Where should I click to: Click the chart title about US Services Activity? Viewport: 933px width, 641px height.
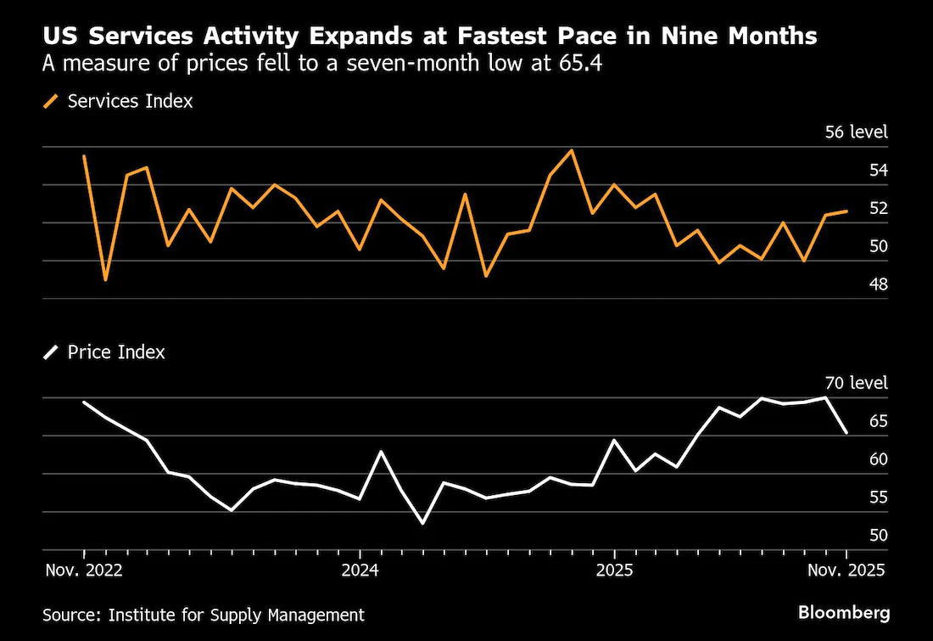point(430,36)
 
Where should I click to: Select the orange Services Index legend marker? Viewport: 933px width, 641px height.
point(51,101)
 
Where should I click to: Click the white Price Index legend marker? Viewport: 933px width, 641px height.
point(51,352)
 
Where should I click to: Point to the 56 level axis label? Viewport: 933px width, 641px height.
point(857,132)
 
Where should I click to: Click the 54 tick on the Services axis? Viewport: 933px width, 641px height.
point(878,171)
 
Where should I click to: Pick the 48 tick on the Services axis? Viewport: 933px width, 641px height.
point(878,284)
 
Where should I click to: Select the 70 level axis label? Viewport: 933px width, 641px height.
point(857,382)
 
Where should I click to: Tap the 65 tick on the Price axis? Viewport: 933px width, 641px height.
point(878,421)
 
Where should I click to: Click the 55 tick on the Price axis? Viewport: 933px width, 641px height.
point(878,497)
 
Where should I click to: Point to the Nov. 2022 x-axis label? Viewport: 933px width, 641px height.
point(84,571)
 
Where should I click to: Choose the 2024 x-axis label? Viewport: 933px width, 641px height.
point(360,571)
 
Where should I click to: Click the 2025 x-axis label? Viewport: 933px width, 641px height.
point(615,571)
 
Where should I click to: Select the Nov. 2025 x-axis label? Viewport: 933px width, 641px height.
point(846,571)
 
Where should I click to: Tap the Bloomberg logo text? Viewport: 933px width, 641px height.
point(844,612)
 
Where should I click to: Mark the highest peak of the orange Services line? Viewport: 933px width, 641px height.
point(572,150)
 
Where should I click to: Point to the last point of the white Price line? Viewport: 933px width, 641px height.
point(846,433)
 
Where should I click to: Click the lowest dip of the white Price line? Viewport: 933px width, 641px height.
point(423,523)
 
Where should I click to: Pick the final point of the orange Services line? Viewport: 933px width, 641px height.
point(846,211)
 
